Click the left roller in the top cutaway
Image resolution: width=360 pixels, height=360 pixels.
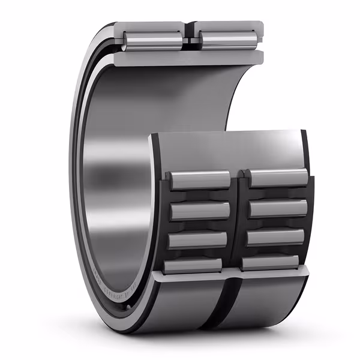click(x=153, y=40)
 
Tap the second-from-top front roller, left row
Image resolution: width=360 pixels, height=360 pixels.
click(x=200, y=211)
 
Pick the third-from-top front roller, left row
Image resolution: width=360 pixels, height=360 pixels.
click(x=198, y=239)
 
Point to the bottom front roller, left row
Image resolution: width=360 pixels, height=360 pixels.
click(x=195, y=265)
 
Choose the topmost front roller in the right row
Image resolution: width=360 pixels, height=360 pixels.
click(x=278, y=178)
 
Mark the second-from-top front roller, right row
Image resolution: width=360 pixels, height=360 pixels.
click(x=278, y=208)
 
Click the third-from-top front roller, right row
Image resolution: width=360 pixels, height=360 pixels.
click(x=276, y=237)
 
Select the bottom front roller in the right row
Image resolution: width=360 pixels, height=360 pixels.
click(x=272, y=262)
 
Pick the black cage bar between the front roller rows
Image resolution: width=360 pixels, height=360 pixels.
click(x=239, y=222)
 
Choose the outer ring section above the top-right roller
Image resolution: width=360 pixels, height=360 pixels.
click(x=228, y=26)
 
